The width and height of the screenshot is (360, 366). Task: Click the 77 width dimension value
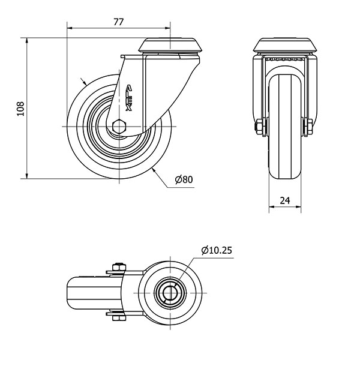(x=118, y=22)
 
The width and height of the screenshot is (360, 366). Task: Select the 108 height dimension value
(x=20, y=109)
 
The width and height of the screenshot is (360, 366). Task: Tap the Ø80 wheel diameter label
(x=184, y=179)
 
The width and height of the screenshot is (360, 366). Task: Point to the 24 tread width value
(x=285, y=200)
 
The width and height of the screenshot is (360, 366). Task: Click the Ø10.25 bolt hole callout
(x=217, y=250)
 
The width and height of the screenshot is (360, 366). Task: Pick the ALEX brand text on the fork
(x=128, y=98)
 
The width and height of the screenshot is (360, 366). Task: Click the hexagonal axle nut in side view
(x=119, y=127)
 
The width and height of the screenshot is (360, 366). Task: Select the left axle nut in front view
(x=259, y=127)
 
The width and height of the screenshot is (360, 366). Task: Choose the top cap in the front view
(x=285, y=45)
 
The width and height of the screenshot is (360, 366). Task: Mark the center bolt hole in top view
(x=170, y=293)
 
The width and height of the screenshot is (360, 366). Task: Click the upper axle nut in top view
(x=119, y=267)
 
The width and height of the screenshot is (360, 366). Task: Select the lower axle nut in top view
(x=119, y=318)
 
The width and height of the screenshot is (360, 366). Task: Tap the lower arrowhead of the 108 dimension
(x=27, y=176)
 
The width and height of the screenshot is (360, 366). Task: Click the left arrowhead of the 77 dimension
(x=70, y=28)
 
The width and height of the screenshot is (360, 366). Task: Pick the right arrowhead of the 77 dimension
(x=167, y=28)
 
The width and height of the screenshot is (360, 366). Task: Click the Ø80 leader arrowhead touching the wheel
(x=154, y=170)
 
